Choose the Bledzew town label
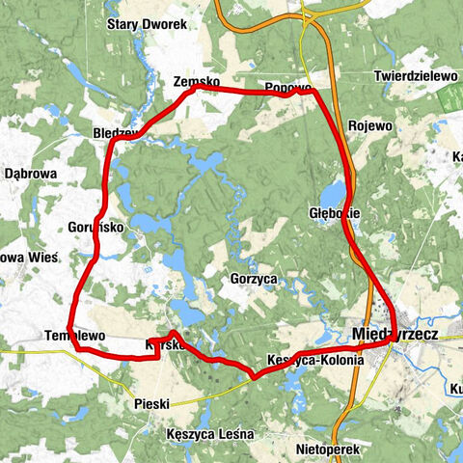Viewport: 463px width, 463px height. coord(118,132)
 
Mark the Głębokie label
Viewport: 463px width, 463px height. coord(335,210)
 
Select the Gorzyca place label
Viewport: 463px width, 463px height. coord(255,277)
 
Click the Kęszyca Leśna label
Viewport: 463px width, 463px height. coord(208,434)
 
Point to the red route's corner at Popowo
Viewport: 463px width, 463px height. coord(313,92)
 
